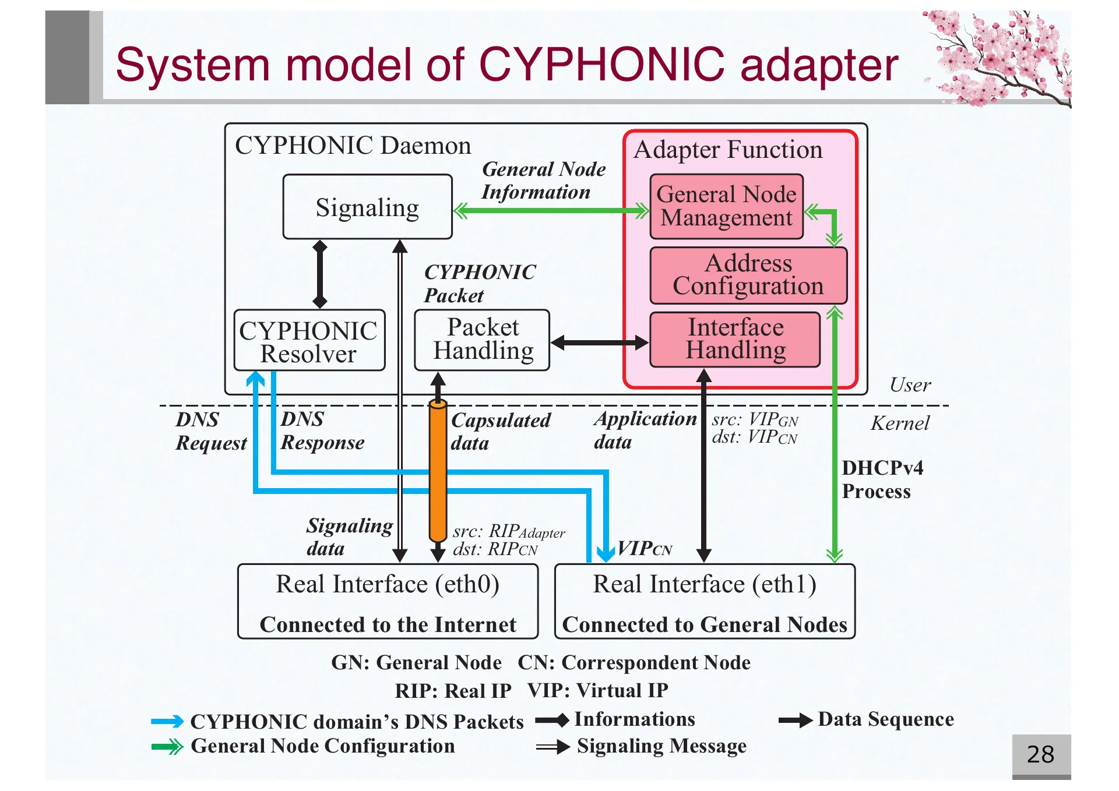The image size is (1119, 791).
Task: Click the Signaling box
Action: pyautogui.click(x=367, y=207)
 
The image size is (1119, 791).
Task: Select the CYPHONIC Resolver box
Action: pyautogui.click(x=309, y=341)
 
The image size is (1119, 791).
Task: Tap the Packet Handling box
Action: pyautogui.click(x=482, y=340)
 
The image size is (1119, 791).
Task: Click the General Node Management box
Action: pyautogui.click(x=726, y=206)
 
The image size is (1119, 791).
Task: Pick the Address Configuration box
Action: pyautogui.click(x=748, y=276)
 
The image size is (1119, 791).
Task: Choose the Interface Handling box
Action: pyautogui.click(x=735, y=340)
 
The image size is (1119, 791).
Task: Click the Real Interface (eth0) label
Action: pyautogui.click(x=388, y=584)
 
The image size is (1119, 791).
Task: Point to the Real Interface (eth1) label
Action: pyautogui.click(x=704, y=584)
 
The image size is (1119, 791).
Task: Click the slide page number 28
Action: pyautogui.click(x=1040, y=755)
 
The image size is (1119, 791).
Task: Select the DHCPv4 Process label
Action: pyautogui.click(x=882, y=479)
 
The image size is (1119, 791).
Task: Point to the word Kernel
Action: pyautogui.click(x=900, y=423)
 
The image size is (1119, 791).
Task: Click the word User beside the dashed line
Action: pyautogui.click(x=910, y=385)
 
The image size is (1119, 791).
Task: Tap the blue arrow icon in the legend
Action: pyautogui.click(x=167, y=722)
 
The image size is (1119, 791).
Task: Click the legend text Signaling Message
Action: pyautogui.click(x=661, y=746)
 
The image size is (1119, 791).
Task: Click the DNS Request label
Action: pyautogui.click(x=210, y=432)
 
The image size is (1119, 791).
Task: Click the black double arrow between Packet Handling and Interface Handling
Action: pyautogui.click(x=599, y=342)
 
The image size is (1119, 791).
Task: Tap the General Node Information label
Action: pyautogui.click(x=543, y=181)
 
